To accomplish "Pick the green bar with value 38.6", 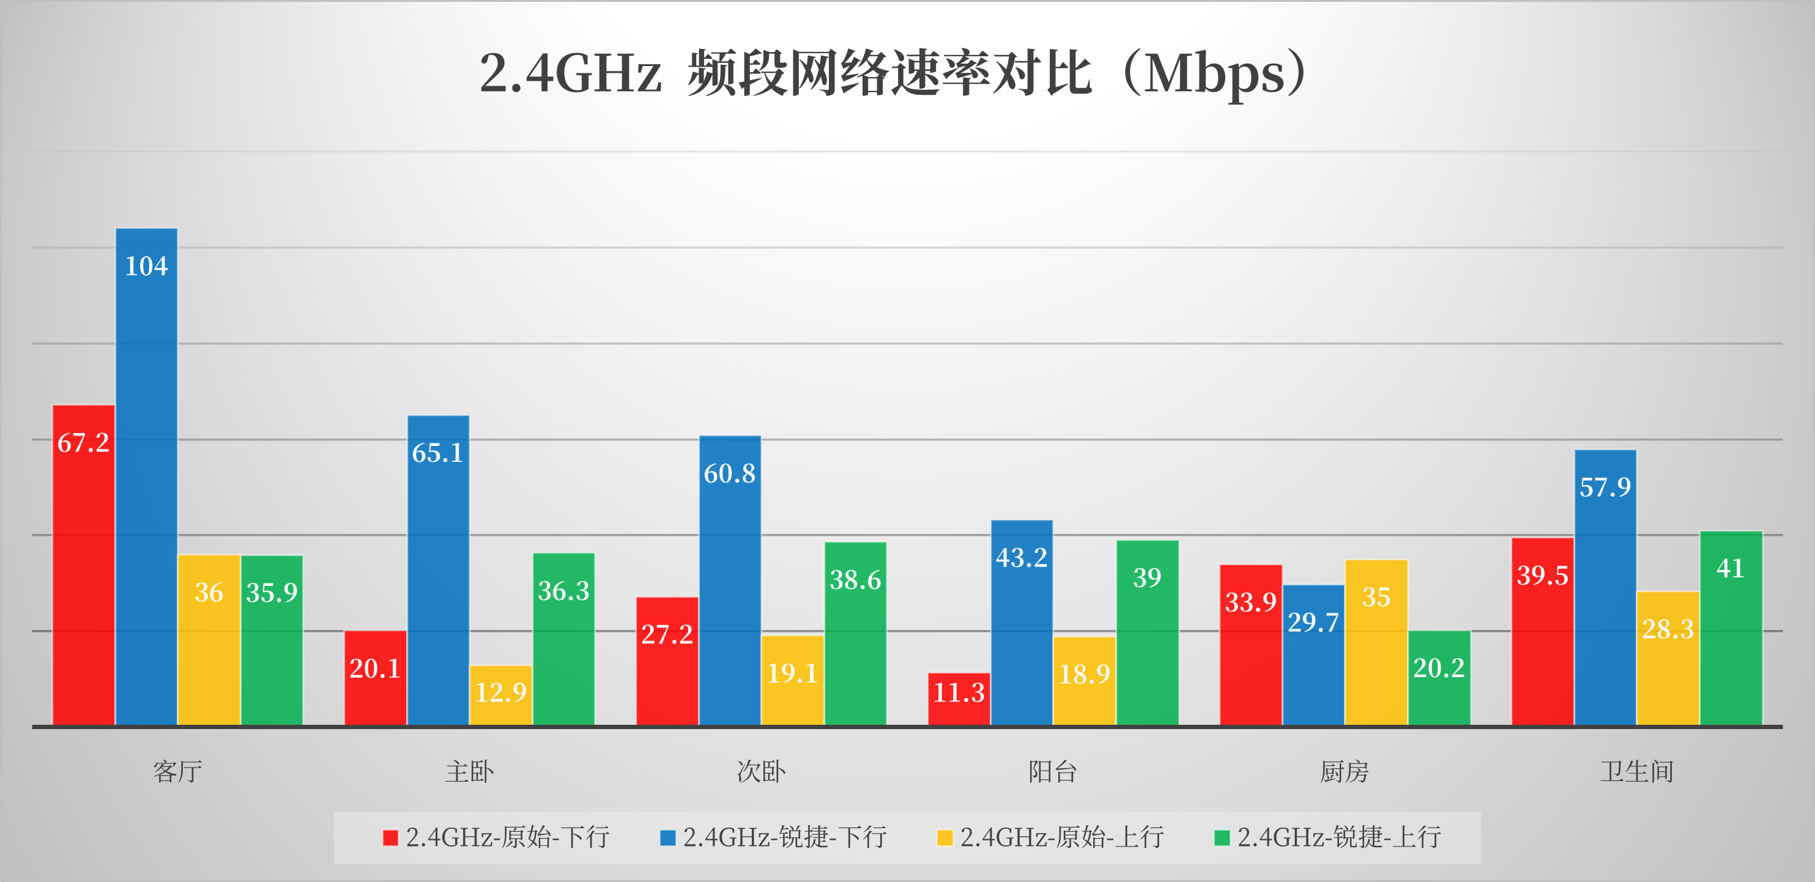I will [855, 634].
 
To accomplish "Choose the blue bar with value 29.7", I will [1313, 655].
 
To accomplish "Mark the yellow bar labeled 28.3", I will [1668, 659].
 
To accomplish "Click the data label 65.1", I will [437, 453].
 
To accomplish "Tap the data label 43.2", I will [1022, 558].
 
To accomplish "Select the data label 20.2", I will [1439, 668].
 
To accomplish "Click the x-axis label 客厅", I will [177, 772].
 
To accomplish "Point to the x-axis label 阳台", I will [1053, 772].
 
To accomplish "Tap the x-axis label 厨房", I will [1345, 772].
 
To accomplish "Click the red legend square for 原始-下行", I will [390, 837].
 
